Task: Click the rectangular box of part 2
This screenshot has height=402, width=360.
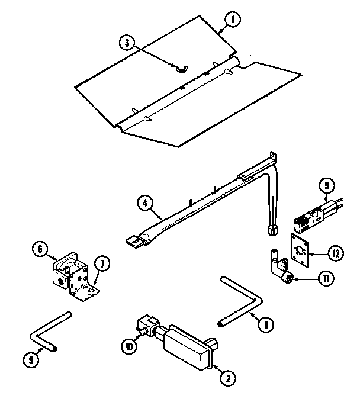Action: coord(187,346)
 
